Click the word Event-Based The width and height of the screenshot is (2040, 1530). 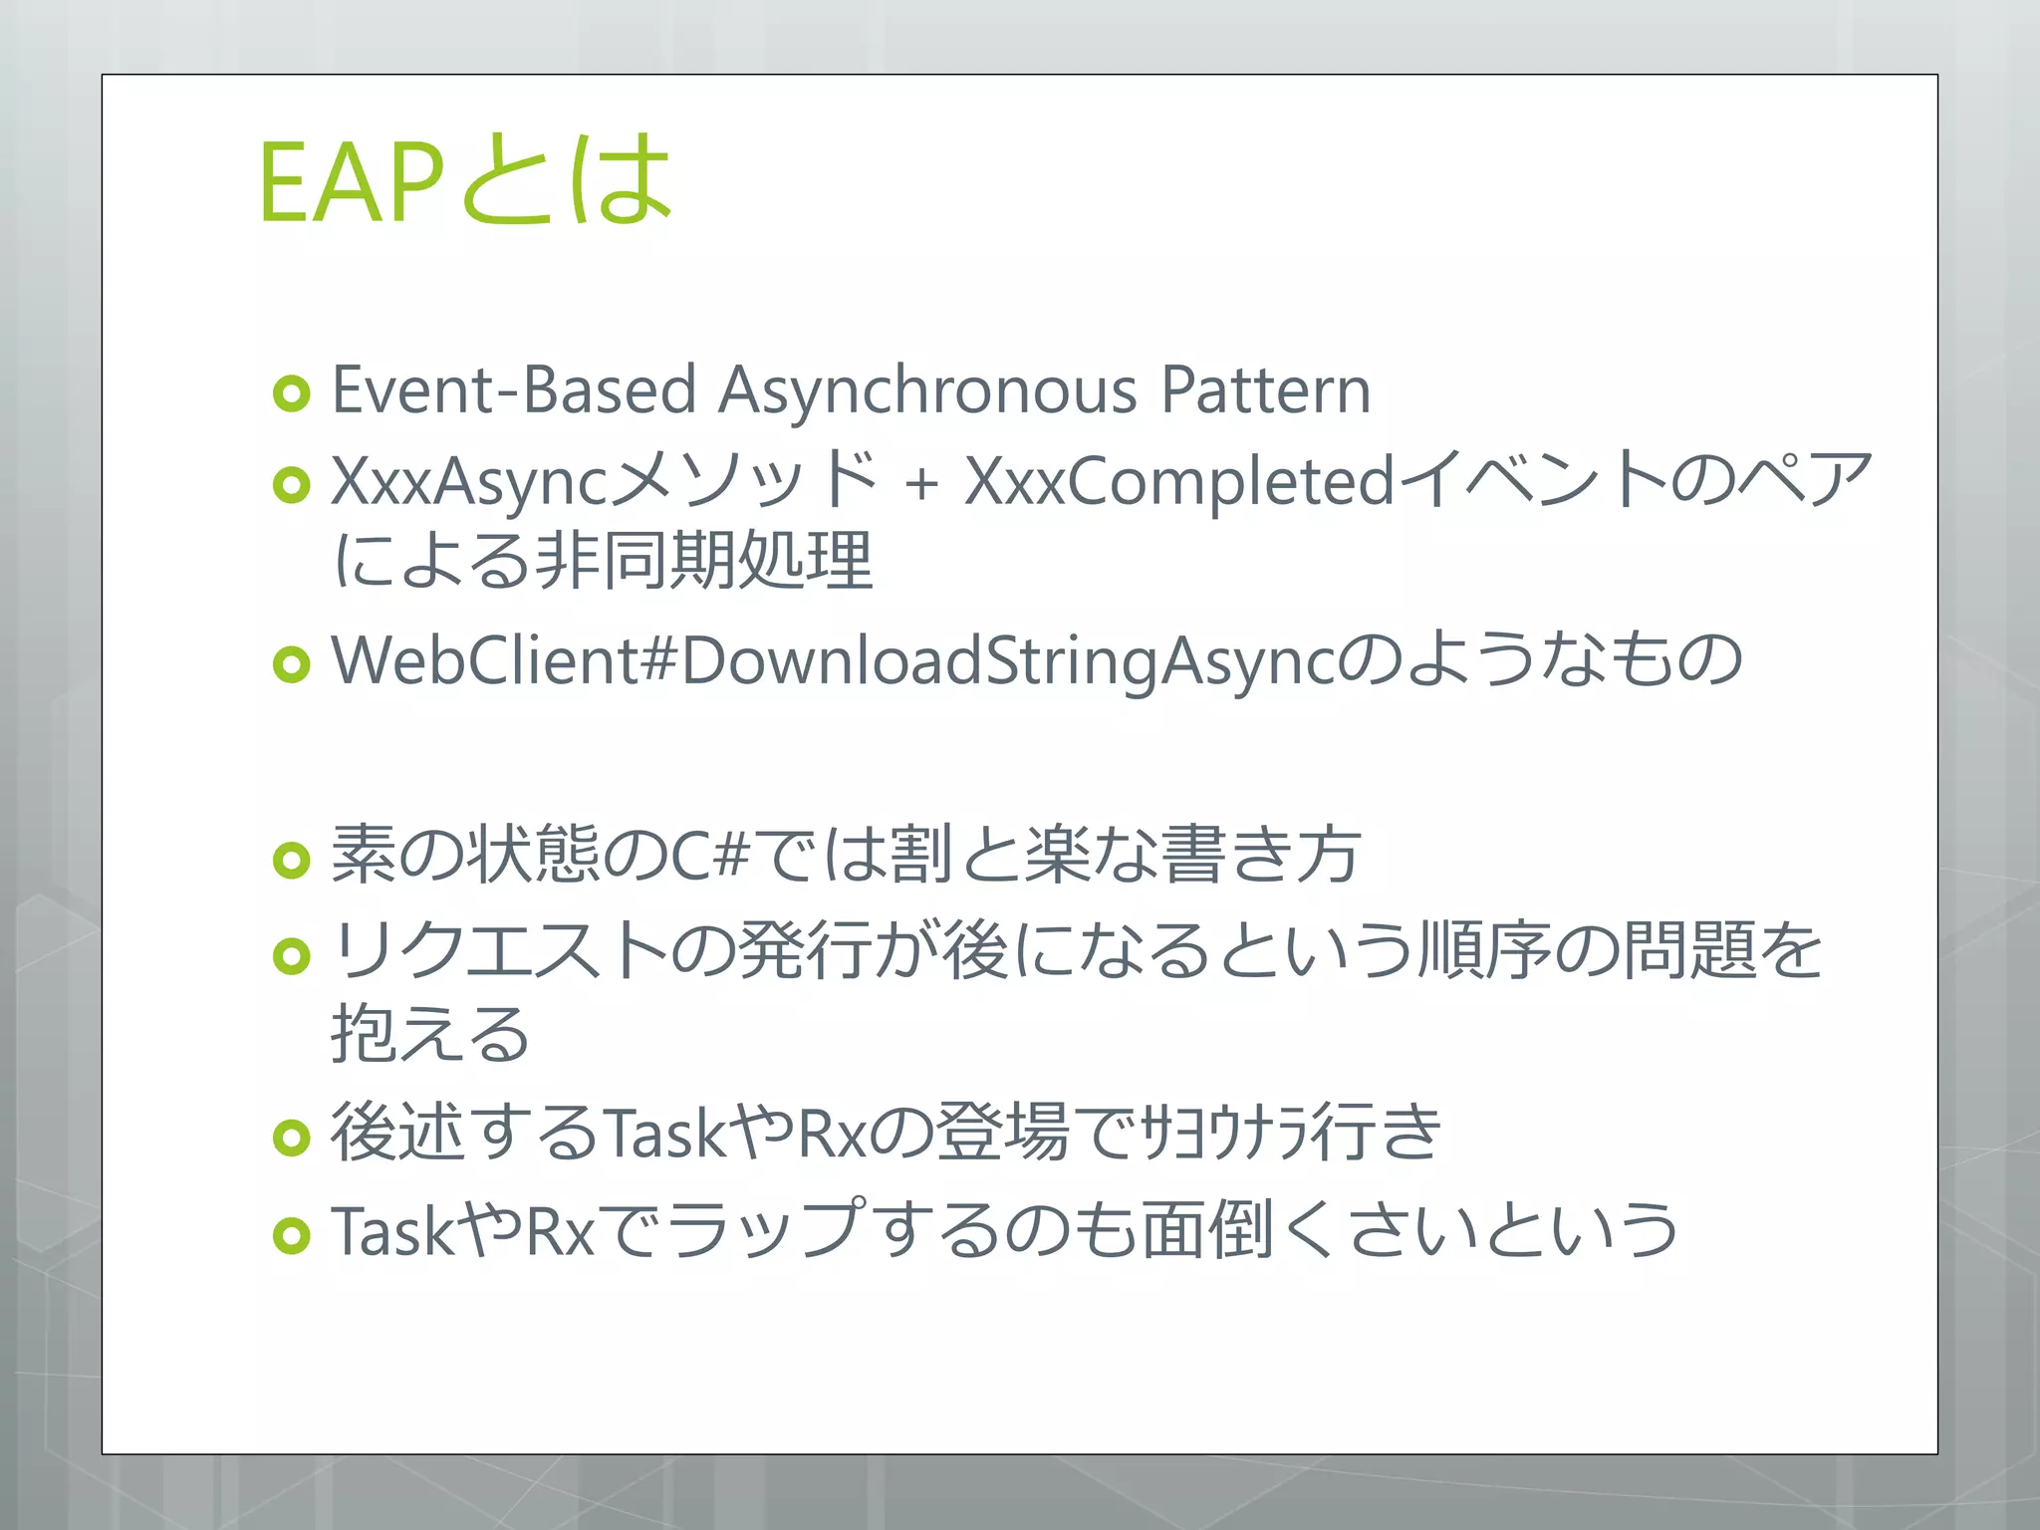coord(513,389)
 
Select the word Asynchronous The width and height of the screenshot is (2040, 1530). coord(927,389)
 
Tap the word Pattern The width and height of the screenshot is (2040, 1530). coord(1266,389)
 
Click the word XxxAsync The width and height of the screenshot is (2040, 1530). coord(468,482)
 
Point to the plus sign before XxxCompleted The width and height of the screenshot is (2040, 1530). coord(921,484)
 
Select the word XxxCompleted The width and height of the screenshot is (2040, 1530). coord(1179,482)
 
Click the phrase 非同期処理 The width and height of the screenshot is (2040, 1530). coord(704,561)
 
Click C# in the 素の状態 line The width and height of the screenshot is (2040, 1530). coord(709,855)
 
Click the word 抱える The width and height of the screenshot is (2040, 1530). coord(430,1033)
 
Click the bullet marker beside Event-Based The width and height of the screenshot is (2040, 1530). coord(292,393)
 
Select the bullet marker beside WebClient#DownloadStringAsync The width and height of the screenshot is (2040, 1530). coord(292,664)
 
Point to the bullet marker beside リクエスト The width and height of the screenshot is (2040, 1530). coord(292,956)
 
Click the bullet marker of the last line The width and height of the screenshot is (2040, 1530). coord(292,1236)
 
